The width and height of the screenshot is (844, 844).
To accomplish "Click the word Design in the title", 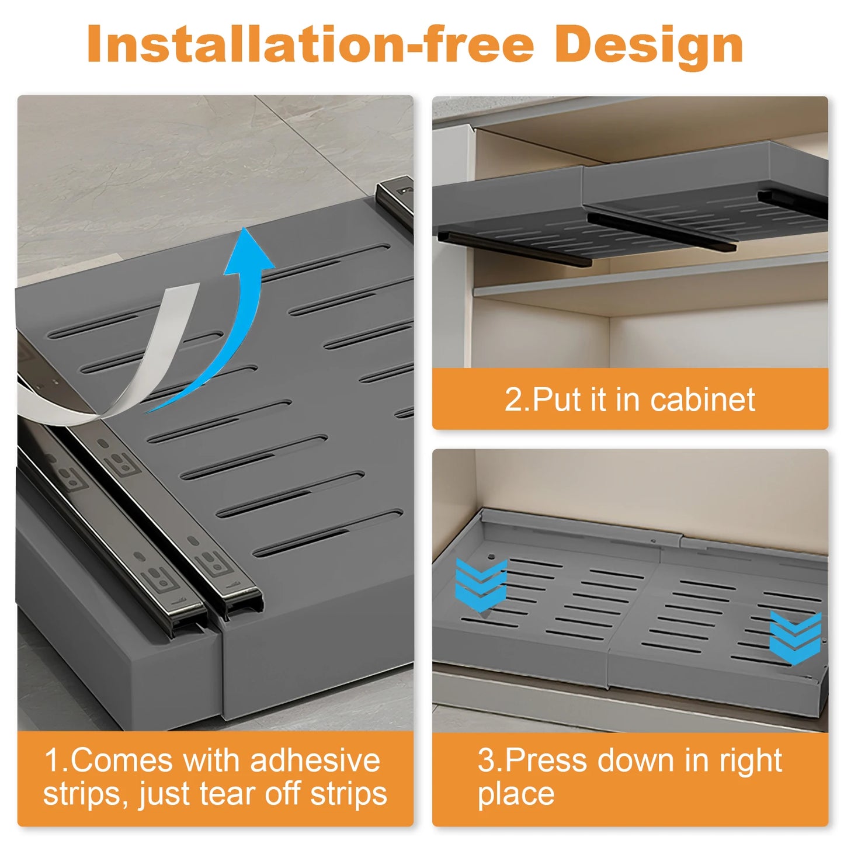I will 648,46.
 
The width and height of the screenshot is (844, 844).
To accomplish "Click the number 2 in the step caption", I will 515,400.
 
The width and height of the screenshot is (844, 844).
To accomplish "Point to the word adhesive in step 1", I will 315,760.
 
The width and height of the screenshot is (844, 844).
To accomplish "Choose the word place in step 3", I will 516,794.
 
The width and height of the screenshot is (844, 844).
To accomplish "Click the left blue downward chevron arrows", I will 481,585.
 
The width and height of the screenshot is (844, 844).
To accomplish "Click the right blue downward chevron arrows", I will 795,637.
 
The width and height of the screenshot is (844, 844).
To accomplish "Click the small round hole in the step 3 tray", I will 491,557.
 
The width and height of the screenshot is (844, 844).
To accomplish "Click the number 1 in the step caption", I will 52,760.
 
